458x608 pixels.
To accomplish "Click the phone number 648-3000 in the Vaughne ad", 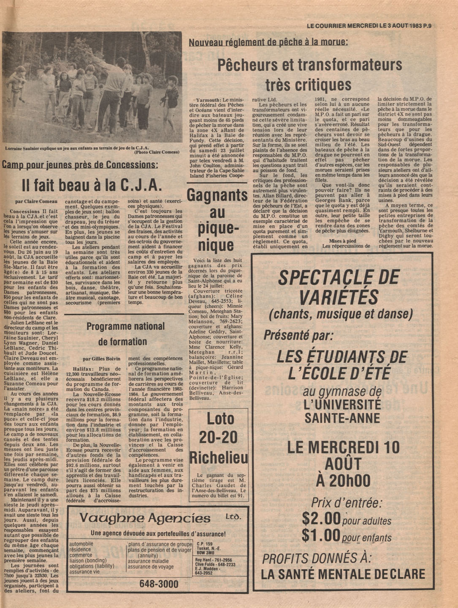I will click(159, 584).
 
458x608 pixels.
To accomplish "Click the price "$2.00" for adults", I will click(321, 518).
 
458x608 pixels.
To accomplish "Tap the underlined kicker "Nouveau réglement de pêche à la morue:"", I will click(268, 42).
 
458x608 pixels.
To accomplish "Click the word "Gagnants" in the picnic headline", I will click(217, 196).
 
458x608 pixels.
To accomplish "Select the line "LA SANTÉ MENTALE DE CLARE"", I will click(343, 574).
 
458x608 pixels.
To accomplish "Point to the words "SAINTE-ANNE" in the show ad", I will click(342, 419).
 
